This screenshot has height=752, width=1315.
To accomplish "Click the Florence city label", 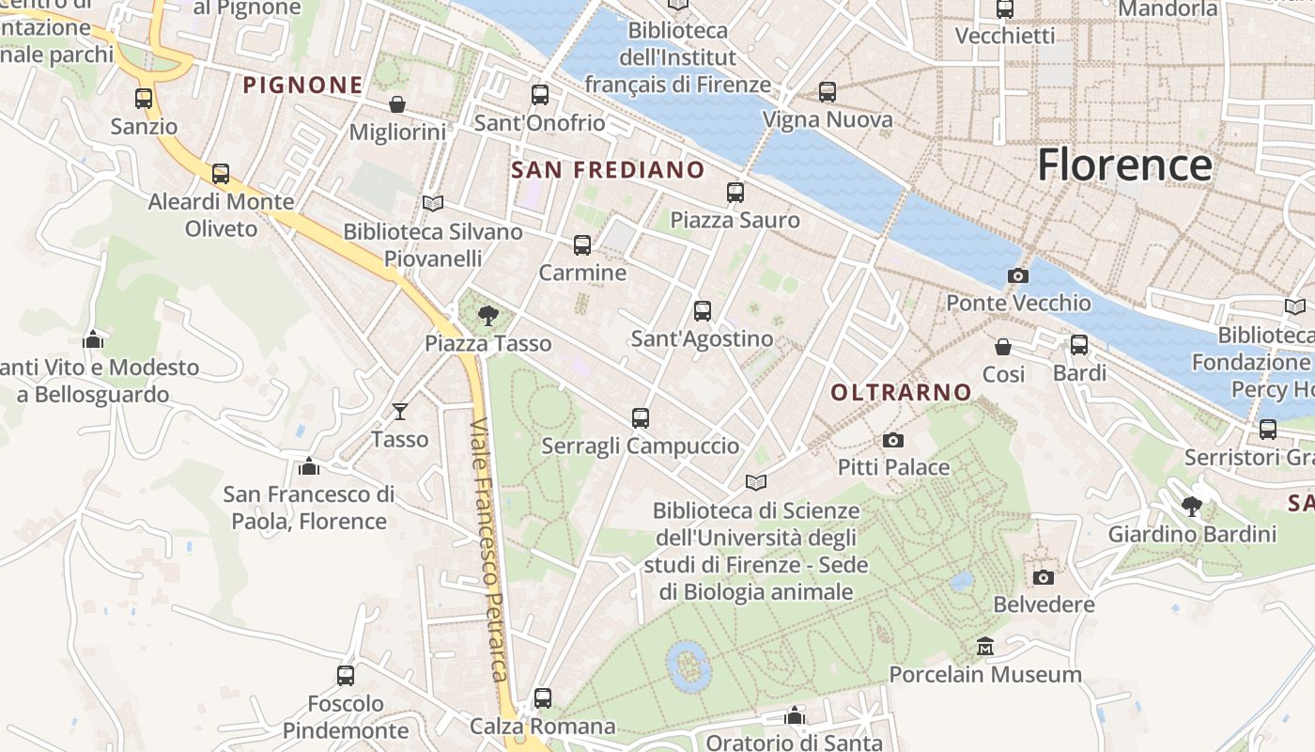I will click(x=1124, y=165).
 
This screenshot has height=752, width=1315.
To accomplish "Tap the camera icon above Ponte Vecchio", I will click(x=1017, y=275).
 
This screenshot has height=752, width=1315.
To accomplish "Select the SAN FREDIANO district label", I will click(x=608, y=169).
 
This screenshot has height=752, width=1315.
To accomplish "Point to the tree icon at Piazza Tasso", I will click(x=487, y=316).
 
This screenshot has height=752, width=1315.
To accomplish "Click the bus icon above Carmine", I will click(x=582, y=245).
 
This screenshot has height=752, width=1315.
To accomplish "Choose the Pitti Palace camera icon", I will click(x=893, y=440).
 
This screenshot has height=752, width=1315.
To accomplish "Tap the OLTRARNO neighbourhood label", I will click(x=901, y=392).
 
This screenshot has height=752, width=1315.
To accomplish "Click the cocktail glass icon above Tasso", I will click(x=400, y=412).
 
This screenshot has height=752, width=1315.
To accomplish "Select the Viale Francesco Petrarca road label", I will click(x=489, y=550).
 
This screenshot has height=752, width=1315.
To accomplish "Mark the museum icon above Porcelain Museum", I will click(x=985, y=647).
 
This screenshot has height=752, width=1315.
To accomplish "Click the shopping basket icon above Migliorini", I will click(x=397, y=104).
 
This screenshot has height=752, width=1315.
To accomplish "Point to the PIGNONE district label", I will click(x=302, y=85).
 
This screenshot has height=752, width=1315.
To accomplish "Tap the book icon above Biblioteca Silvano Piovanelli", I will click(x=433, y=203).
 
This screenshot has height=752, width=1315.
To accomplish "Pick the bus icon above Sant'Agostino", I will click(x=703, y=311).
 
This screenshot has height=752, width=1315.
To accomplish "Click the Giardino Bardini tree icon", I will click(x=1192, y=507).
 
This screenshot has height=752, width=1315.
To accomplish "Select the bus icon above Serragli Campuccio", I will click(x=641, y=418).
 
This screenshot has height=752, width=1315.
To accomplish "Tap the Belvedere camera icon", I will click(x=1044, y=577).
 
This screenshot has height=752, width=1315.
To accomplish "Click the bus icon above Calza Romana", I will click(x=543, y=698).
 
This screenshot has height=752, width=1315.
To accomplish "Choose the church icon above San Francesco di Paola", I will click(x=309, y=466).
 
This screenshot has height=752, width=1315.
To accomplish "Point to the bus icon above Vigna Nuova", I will click(x=828, y=92).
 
